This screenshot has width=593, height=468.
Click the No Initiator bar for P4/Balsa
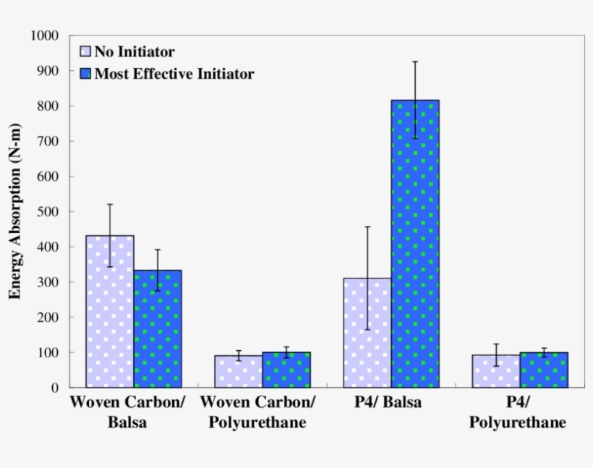[x=367, y=333]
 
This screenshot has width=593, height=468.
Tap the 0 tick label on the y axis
[x=55, y=388]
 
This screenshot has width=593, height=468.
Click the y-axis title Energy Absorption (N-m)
[x=15, y=211]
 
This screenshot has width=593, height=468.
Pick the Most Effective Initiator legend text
[x=174, y=74]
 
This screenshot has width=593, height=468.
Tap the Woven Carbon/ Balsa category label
[x=127, y=412]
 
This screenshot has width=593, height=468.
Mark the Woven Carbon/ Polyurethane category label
[x=257, y=412]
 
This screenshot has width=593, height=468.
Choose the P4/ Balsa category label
[x=388, y=402]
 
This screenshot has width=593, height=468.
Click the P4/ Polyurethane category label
[x=517, y=412]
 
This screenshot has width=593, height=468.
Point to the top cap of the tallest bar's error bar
[x=415, y=61]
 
